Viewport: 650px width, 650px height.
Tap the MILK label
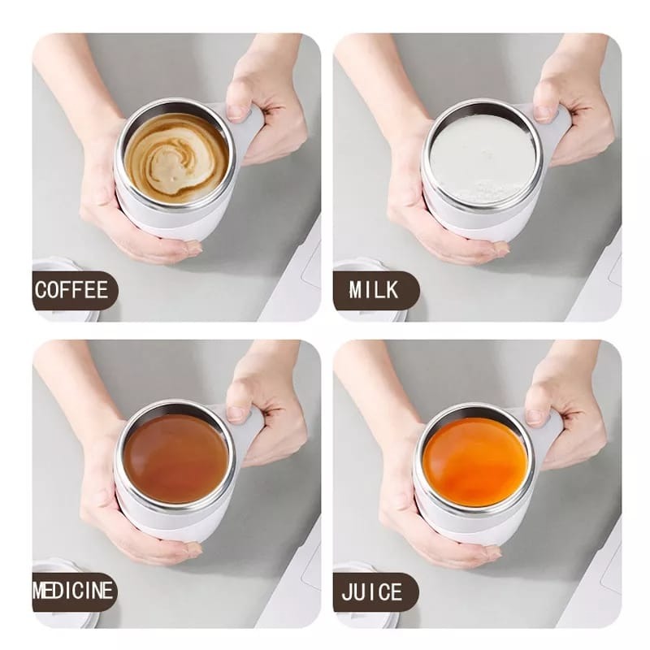[375, 290]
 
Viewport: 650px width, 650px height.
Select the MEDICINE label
[73, 591]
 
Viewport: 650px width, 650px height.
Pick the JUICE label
[373, 591]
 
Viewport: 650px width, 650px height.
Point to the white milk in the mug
[477, 158]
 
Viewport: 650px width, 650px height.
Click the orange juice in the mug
[476, 460]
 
